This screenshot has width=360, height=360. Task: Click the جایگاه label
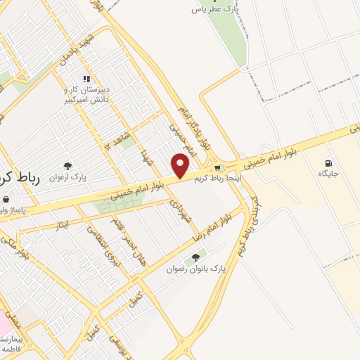(x=329, y=173)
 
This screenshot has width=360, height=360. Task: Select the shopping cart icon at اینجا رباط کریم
(x=219, y=168)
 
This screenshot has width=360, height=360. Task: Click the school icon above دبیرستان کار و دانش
(x=86, y=79)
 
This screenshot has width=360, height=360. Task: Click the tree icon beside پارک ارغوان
(x=67, y=166)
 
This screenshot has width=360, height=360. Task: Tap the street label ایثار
(x=62, y=226)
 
